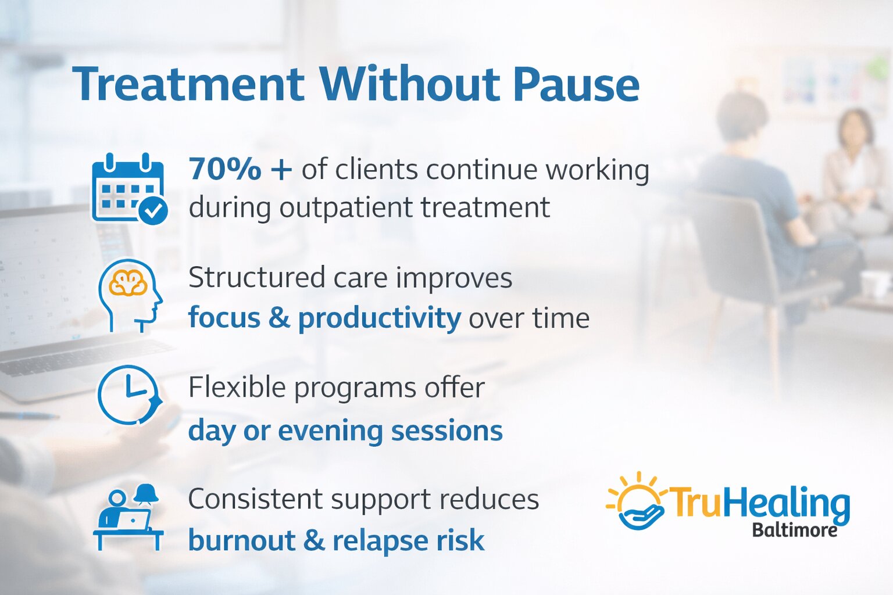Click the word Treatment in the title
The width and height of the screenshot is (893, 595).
click(x=188, y=84)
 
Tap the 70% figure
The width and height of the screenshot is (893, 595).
click(x=226, y=170)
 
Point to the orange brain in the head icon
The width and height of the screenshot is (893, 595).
click(x=128, y=284)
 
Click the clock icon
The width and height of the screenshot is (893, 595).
click(x=129, y=395)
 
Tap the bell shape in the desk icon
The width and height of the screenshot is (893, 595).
click(x=146, y=494)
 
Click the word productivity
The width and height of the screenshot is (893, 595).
click(x=379, y=318)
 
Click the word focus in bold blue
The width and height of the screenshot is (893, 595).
click(x=224, y=318)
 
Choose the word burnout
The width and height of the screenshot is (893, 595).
click(x=241, y=540)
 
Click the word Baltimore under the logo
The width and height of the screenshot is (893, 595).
click(x=794, y=530)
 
